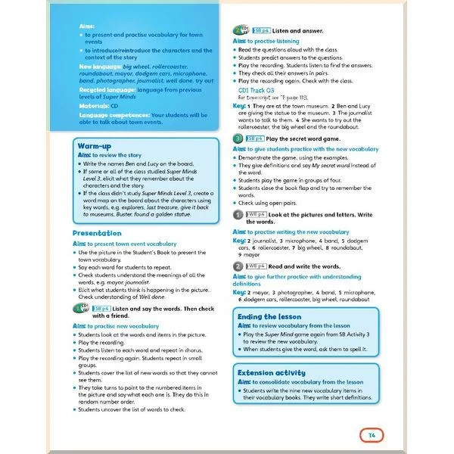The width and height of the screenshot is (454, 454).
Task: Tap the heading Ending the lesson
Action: pyautogui.click(x=269, y=317)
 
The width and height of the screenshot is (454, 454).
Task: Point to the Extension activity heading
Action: pyautogui.click(x=272, y=372)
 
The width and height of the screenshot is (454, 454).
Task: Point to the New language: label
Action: pyautogui.click(x=100, y=67)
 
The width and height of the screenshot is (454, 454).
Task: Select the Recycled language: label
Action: pyautogui.click(x=105, y=88)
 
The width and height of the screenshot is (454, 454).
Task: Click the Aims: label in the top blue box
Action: pyautogui.click(x=88, y=26)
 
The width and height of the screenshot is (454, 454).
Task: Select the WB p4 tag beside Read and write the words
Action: pyautogui.click(x=257, y=266)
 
